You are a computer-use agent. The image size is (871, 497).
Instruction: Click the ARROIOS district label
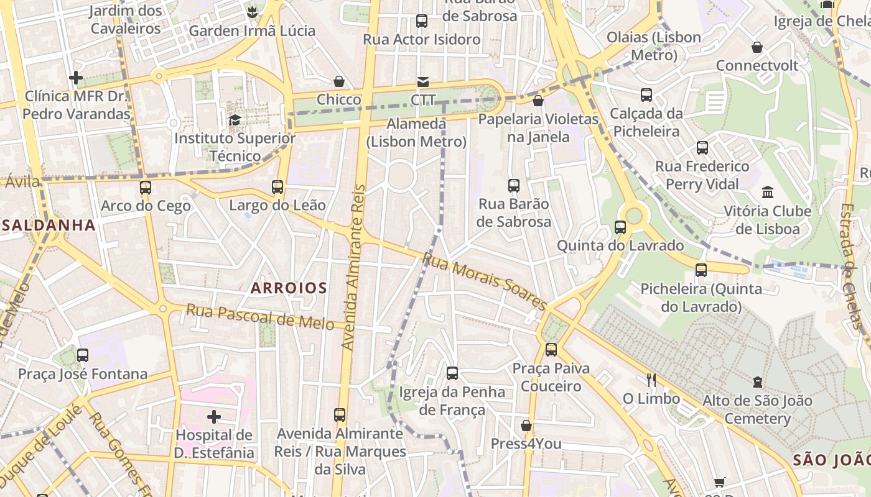coord(289,288)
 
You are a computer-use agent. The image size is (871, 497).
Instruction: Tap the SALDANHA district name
coord(49,225)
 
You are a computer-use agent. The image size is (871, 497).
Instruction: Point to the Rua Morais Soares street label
coord(484,281)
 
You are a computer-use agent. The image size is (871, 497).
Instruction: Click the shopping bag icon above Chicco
coord(339,81)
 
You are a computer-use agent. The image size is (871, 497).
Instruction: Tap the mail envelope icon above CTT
coord(422,82)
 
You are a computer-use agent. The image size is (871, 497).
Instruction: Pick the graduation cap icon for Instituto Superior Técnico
coord(235,120)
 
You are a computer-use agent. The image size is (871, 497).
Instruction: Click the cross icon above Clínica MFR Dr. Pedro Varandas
coord(76,78)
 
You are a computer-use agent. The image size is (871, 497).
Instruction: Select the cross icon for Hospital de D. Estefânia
coord(214,416)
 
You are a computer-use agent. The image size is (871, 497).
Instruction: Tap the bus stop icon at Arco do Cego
coord(146,187)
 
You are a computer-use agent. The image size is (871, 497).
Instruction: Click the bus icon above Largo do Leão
coord(277,186)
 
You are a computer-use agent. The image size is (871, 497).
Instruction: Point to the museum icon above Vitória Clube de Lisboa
coord(767,192)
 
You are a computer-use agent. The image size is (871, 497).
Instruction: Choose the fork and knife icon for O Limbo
coord(651,380)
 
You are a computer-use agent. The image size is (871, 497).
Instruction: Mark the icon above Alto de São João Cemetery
coord(757,381)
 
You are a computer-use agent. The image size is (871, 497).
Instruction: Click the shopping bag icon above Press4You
coord(526,426)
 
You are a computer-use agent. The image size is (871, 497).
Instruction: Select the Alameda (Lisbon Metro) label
coord(416,132)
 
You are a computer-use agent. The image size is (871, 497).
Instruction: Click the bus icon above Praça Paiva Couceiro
coord(551,350)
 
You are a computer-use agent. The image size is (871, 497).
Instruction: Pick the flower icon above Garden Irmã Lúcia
coord(252,12)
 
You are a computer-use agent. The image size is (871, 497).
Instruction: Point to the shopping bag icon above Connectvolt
coord(757,47)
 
